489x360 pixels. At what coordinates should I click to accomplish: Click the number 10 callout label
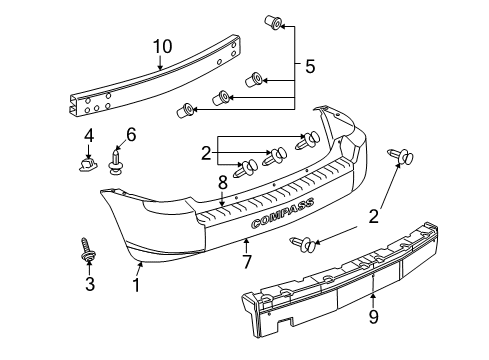[x=162, y=46]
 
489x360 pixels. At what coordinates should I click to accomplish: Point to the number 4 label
[x=89, y=135]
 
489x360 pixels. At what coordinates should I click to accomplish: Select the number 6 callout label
[x=129, y=135]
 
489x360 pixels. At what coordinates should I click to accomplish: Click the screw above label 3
[x=87, y=250]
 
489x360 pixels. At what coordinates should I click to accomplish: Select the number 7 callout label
[x=246, y=262]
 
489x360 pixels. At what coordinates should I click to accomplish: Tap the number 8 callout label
[x=222, y=183]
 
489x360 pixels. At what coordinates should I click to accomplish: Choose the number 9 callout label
[x=373, y=319]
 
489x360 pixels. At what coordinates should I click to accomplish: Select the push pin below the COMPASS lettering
[x=306, y=242]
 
